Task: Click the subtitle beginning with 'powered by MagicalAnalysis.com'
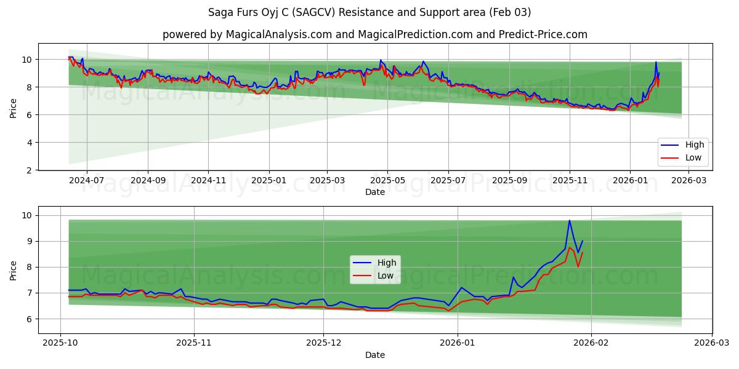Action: [x=374, y=34]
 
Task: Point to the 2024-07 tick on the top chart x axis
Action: [x=86, y=181]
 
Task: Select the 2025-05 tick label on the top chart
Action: [x=387, y=181]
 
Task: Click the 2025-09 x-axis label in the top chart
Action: [x=509, y=181]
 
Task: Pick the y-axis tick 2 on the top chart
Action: [x=29, y=170]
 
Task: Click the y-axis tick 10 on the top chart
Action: [x=26, y=60]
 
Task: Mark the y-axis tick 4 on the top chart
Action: [x=29, y=143]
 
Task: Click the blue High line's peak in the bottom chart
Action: [x=570, y=221]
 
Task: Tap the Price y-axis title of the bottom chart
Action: [x=14, y=270]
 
